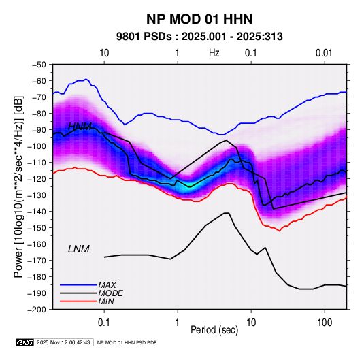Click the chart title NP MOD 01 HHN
pos(199,19)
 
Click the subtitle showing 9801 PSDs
pos(199,37)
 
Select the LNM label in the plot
pos(79,249)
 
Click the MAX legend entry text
pos(107,284)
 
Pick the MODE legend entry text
pos(110,293)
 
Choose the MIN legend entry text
pos(106,301)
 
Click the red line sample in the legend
pos(78,301)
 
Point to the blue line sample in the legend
pos(78,284)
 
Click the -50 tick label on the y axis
pos(39,65)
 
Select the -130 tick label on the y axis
pos(37,195)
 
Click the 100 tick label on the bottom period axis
pos(325,323)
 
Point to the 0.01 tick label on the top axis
pos(324,53)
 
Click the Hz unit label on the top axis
pos(214,53)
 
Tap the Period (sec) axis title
pos(214,330)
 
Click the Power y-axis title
pos(18,186)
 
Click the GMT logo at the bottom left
pos(24,342)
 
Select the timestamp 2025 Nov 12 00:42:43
pos(63,342)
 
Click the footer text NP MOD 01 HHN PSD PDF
pos(127,342)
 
